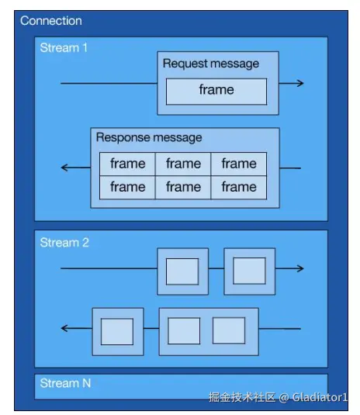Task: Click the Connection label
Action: coord(51,21)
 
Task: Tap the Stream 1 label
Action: coord(64,48)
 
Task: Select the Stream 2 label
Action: coord(64,243)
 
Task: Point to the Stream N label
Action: coord(65,383)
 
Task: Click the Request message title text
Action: coord(211,64)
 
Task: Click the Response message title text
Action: coord(149,137)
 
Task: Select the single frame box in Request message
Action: coord(216,92)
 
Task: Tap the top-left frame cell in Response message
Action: coord(127,164)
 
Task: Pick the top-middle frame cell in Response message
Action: coord(183,164)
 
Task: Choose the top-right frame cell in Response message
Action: coord(239,164)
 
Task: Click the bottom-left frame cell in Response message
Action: coord(127,187)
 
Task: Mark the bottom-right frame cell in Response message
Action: coord(239,187)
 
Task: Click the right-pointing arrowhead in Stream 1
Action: coord(300,83)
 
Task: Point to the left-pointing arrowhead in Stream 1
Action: coord(64,168)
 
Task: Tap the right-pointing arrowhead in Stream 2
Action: coord(300,268)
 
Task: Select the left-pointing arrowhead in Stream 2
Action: coord(64,328)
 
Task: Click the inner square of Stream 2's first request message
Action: coord(182,271)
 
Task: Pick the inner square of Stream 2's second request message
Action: coord(249,271)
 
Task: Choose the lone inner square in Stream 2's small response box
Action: coord(117,332)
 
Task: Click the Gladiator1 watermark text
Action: coord(320,397)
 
